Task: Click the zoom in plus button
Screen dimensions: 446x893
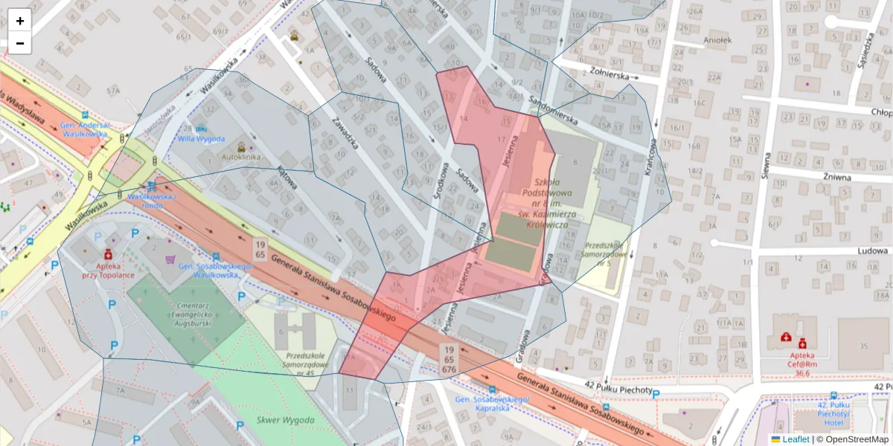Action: (20, 21)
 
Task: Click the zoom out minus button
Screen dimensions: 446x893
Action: (20, 43)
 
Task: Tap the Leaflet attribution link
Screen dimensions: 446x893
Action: (796, 439)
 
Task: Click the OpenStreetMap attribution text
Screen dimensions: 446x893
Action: (856, 439)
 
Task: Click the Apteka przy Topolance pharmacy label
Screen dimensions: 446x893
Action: (108, 270)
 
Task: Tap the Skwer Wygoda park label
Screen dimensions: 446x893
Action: (286, 421)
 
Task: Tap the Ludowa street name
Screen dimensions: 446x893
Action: (852, 251)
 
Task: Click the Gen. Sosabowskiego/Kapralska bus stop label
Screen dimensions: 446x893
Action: (492, 404)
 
